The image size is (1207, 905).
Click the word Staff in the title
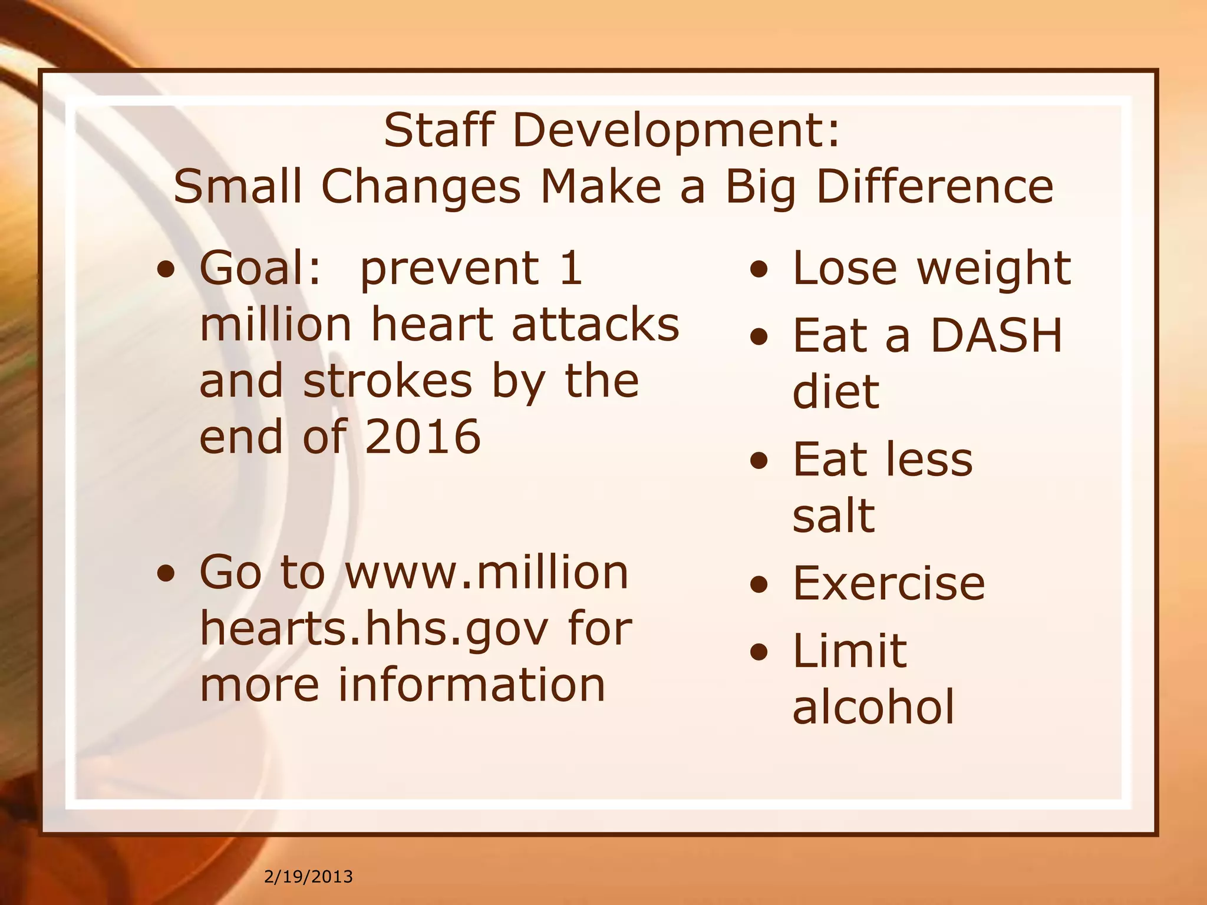click(x=438, y=130)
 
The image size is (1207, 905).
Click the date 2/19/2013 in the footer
click(x=308, y=877)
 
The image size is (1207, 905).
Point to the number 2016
click(x=423, y=437)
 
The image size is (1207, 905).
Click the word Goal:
click(x=261, y=268)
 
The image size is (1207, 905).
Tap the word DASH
click(x=996, y=335)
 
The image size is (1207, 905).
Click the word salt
click(x=833, y=515)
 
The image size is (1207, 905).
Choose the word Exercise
click(x=889, y=584)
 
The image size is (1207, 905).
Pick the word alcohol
click(x=873, y=706)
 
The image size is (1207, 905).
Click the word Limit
click(x=849, y=651)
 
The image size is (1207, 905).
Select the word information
click(x=471, y=685)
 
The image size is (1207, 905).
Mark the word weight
click(x=994, y=269)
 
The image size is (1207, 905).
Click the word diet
click(x=836, y=392)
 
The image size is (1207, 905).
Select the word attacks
click(x=595, y=325)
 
